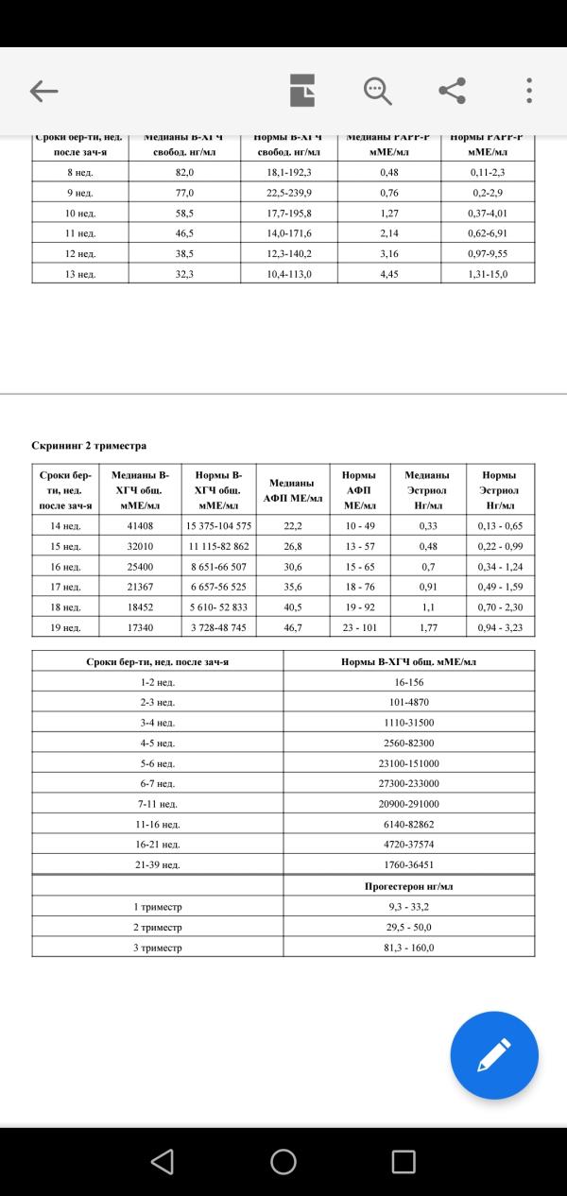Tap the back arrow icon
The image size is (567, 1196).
[x=44, y=91]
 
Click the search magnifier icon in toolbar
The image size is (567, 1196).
[x=377, y=91]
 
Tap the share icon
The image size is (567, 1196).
[x=453, y=91]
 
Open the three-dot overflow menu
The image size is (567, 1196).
[x=529, y=91]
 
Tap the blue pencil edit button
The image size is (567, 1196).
[x=494, y=1054]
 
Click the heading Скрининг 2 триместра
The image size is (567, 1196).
[x=90, y=445]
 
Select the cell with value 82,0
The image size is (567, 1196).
[x=184, y=173]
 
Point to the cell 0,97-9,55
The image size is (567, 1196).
[x=489, y=253]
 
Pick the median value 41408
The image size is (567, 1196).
[x=141, y=525]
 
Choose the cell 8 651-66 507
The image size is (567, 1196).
[x=217, y=566]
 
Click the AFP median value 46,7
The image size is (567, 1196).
[x=293, y=626]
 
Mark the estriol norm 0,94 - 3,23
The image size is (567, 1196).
[x=500, y=626]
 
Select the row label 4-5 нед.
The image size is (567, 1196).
[x=157, y=743]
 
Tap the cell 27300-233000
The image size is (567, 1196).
[x=408, y=783]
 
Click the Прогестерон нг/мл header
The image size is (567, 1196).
[x=408, y=886]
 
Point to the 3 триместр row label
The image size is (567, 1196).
[x=157, y=948]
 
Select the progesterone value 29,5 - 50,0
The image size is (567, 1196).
[x=408, y=927]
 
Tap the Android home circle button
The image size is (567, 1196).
[x=283, y=1161]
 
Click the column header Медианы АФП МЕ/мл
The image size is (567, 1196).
[x=293, y=490]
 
